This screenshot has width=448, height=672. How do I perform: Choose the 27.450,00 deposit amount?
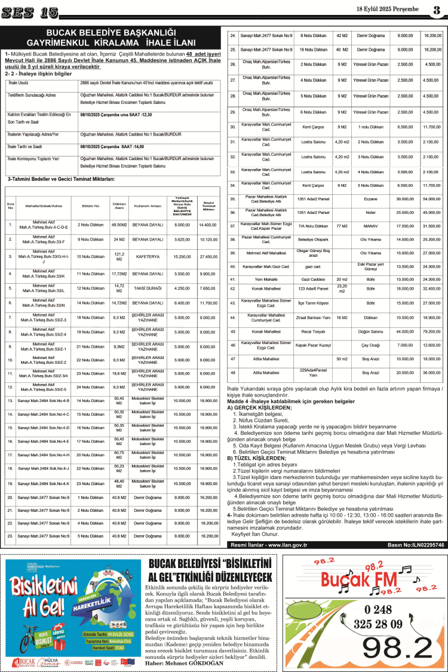pyautogui.click(x=208, y=256)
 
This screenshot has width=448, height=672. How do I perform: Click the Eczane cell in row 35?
pyautogui.click(x=371, y=198)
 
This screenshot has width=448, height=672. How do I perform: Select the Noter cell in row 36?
pyautogui.click(x=371, y=212)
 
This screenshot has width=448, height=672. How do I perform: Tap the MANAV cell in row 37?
pyautogui.click(x=371, y=226)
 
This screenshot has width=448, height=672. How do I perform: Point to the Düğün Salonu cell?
pyautogui.click(x=371, y=331)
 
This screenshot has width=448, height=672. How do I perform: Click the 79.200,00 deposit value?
pyautogui.click(x=431, y=331)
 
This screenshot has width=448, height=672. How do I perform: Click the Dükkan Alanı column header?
pyautogui.click(x=119, y=205)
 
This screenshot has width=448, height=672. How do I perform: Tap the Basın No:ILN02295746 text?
pyautogui.click(x=415, y=395)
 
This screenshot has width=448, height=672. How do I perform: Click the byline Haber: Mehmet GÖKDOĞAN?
pyautogui.click(x=182, y=662)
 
